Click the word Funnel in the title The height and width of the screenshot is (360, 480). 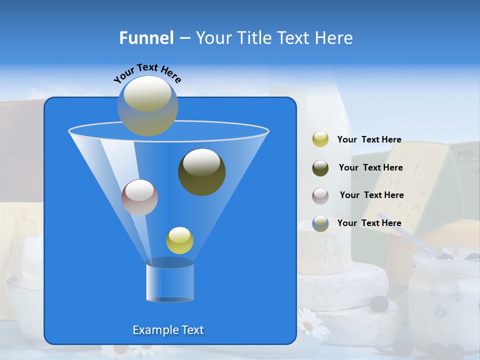(x=146, y=38)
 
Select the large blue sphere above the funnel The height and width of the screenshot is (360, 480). (x=148, y=105)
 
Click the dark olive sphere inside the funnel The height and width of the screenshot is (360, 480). (x=202, y=172)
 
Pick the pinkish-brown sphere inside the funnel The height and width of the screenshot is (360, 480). (x=139, y=197)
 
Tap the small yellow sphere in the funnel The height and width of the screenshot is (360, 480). (x=179, y=240)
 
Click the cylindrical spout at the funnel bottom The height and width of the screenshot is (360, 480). (x=170, y=281)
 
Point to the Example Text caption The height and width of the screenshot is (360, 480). (x=168, y=330)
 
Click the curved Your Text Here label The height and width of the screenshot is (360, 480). (x=147, y=72)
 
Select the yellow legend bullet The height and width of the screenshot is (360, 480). (x=320, y=139)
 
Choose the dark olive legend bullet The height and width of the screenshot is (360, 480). (x=320, y=168)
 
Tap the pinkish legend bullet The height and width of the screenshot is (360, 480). (x=320, y=195)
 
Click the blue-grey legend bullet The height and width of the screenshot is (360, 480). (x=320, y=223)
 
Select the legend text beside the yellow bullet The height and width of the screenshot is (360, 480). (x=369, y=140)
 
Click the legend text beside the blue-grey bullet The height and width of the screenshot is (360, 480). (x=369, y=223)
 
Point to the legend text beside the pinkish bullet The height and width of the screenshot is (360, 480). (x=371, y=195)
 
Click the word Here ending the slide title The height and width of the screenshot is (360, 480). (x=334, y=38)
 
